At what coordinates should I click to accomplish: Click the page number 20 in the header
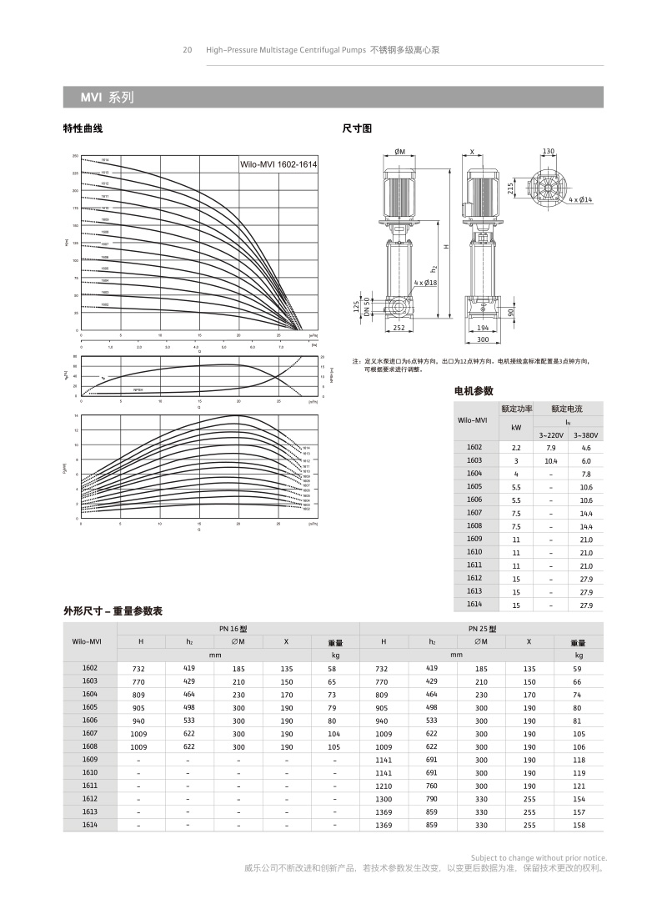[188, 50]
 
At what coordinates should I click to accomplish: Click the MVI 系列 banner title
[107, 98]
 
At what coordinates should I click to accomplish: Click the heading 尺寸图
[357, 129]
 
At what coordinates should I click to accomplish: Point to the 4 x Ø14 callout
[580, 200]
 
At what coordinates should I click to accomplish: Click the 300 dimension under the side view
[483, 339]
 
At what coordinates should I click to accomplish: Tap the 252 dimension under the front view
[399, 329]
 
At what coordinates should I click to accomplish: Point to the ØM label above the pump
[399, 152]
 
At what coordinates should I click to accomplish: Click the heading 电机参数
[474, 390]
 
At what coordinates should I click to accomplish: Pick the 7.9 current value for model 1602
[550, 448]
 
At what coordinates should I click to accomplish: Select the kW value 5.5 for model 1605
[516, 486]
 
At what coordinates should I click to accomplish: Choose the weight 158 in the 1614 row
[579, 825]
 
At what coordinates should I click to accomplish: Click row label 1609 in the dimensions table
[90, 759]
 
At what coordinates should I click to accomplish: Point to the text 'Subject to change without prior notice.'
[539, 858]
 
